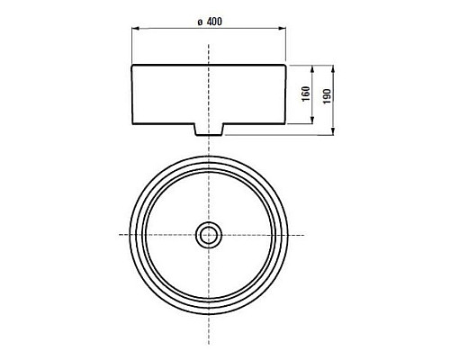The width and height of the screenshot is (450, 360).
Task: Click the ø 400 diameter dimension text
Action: (x=210, y=22)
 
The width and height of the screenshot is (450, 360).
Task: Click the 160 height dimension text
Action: (x=306, y=94)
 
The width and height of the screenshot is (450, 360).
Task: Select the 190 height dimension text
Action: (x=327, y=96)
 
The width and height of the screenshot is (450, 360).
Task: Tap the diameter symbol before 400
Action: (x=200, y=22)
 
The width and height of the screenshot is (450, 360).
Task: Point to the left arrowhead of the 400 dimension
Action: (x=135, y=29)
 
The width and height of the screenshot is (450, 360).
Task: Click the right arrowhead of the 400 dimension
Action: (x=282, y=29)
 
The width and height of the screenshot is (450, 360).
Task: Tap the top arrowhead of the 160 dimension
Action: (x=312, y=68)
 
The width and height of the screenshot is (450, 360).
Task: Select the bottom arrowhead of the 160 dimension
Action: (x=312, y=121)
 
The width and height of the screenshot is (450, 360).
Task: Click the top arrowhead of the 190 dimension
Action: (x=333, y=68)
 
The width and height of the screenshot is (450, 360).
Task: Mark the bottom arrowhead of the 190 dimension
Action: (x=333, y=131)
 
